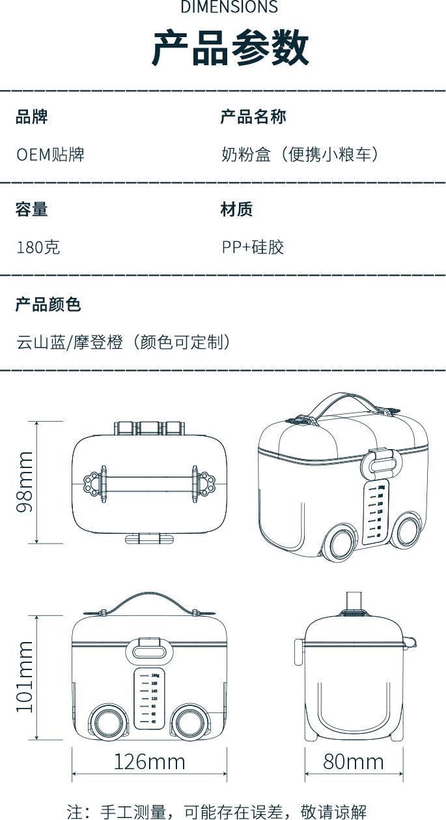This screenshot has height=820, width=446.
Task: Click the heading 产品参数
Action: [230, 48]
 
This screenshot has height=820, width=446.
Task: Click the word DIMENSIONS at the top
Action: [229, 7]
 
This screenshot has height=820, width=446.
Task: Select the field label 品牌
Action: [32, 117]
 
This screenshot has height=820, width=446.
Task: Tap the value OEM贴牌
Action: [50, 154]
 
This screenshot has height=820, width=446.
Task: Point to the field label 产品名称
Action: [253, 117]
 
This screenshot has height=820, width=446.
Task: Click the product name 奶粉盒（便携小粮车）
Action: [300, 154]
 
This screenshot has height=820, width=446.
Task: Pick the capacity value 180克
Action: [38, 247]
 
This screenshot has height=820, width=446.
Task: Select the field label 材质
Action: [236, 209]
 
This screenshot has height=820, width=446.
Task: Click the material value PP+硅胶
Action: [253, 247]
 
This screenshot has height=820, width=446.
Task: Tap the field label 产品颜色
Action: [48, 304]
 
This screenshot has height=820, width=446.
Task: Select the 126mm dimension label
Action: [149, 761]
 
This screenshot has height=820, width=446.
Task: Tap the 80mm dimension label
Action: [354, 761]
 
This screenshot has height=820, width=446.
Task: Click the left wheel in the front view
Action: [108, 722]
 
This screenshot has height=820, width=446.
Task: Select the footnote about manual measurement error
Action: [217, 812]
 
